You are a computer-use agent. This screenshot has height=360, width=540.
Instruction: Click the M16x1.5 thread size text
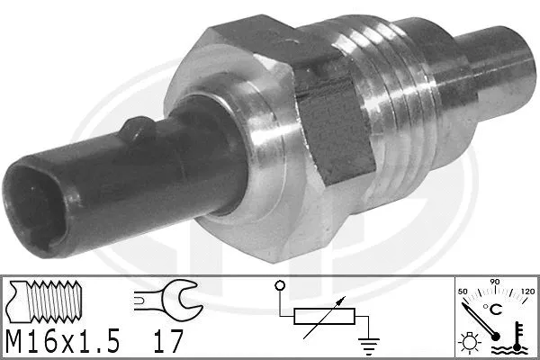pyautogui.click(x=63, y=341)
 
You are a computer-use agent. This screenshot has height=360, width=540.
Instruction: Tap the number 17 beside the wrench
pyautogui.click(x=168, y=341)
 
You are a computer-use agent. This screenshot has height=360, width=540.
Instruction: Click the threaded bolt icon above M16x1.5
pyautogui.click(x=45, y=301)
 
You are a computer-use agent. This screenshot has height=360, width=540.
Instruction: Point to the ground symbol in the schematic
pyautogui.click(x=368, y=346)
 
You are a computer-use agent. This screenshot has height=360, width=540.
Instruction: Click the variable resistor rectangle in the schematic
pyautogui.click(x=324, y=316)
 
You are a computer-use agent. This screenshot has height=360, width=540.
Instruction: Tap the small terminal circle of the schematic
pyautogui.click(x=280, y=285)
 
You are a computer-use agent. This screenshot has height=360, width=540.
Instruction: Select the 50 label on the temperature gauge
pyautogui.click(x=463, y=292)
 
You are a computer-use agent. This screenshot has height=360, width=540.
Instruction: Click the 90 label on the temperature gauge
pyautogui.click(x=494, y=282)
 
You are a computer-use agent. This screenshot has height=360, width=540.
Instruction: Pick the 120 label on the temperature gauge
pyautogui.click(x=527, y=292)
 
